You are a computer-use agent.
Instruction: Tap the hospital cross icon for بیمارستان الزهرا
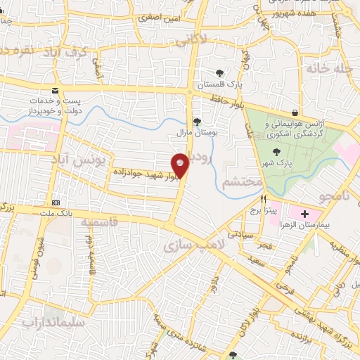pos(304,214)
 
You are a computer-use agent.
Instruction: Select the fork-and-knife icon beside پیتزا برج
pos(263,200)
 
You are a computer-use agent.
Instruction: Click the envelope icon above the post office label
pos(56,91)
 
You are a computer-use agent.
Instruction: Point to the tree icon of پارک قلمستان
pos(219,73)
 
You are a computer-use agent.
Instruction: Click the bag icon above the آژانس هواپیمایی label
pos(295,112)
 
